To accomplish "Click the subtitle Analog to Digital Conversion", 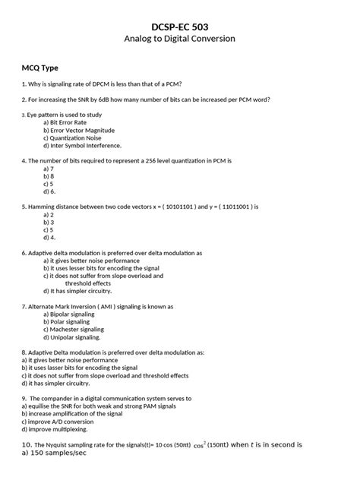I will click(x=179, y=39).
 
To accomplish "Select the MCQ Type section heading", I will click(x=40, y=68).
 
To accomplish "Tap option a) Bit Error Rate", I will click(x=65, y=122).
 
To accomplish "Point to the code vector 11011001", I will click(x=233, y=206).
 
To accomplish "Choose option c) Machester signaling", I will click(x=74, y=330).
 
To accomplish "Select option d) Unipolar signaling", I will click(x=73, y=338).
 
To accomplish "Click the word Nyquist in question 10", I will click(x=61, y=444).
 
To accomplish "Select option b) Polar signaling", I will click(x=68, y=322).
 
